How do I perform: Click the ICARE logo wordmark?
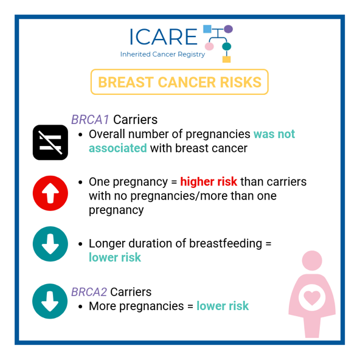point(164,36)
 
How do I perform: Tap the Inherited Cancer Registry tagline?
point(162,54)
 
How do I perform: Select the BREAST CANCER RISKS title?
point(179,82)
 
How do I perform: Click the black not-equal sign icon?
point(50,142)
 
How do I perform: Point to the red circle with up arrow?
point(50,193)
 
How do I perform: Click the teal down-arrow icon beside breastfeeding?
point(50,244)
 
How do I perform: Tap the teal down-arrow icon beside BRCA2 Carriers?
point(50,301)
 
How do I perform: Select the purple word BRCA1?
point(90,120)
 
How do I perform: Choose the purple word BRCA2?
point(89,292)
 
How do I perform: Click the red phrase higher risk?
point(209,182)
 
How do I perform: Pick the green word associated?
point(118,148)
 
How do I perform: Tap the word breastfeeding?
point(226,243)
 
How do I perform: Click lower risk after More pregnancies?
point(223,306)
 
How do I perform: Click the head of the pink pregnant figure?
point(312,261)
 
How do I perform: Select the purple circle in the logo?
point(228,29)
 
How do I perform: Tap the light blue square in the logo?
point(207,29)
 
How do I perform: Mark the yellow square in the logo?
point(226,60)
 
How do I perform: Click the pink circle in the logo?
point(209,46)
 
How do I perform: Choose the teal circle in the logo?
point(227,46)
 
